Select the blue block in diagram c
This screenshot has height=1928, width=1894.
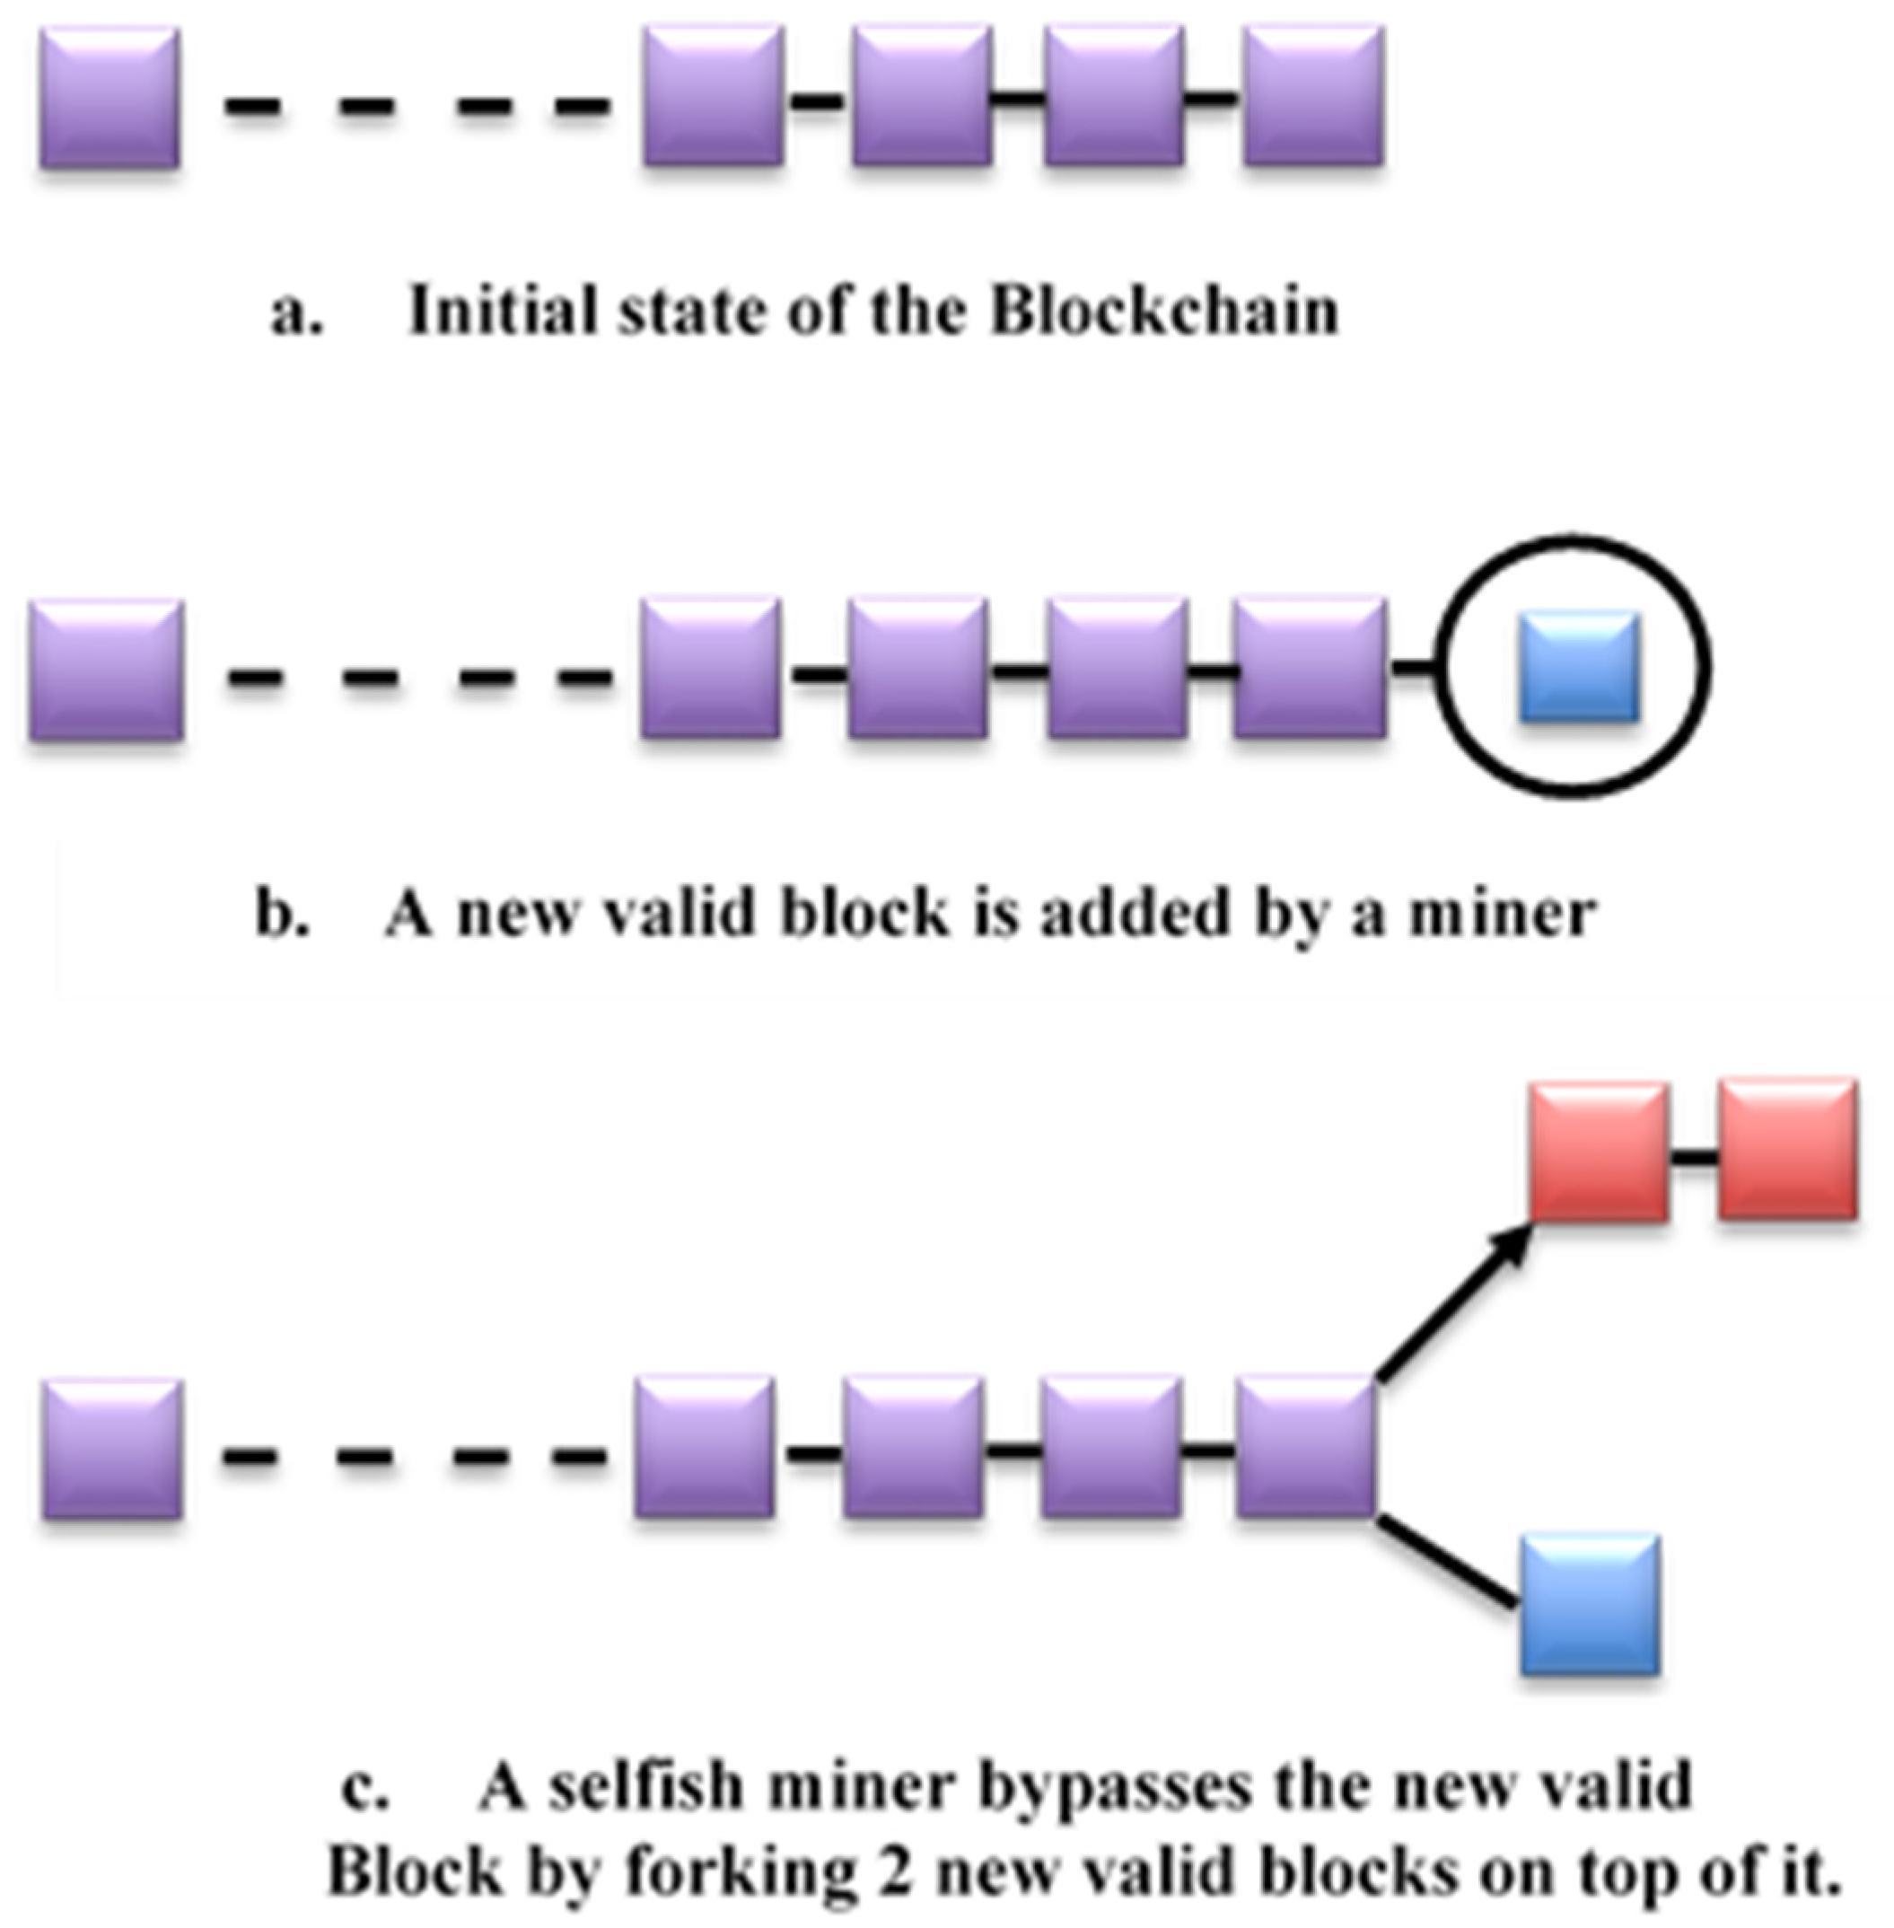[1590, 1605]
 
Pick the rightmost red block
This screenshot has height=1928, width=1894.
[1786, 1149]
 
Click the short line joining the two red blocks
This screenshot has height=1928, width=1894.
[1693, 1157]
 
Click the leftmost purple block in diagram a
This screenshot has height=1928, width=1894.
[110, 98]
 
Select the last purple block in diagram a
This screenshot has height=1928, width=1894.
[1313, 95]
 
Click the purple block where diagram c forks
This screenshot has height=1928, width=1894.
[1306, 1448]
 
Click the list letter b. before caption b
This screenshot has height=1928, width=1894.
[282, 913]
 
